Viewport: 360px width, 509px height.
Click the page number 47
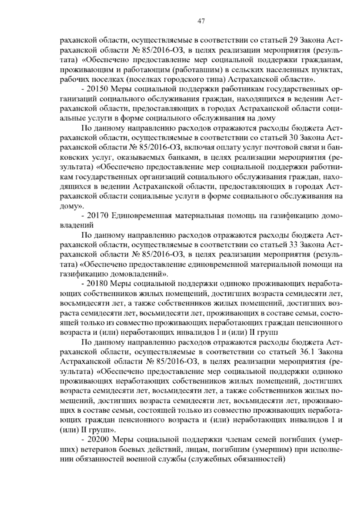click(201, 21)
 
